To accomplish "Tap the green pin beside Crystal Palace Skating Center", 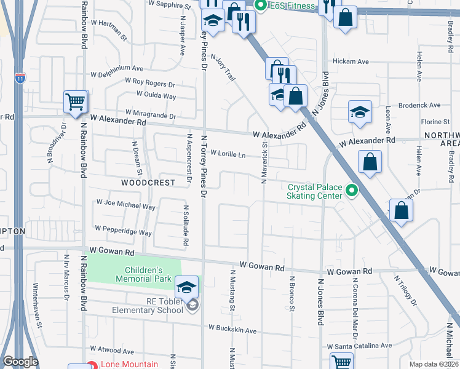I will click(x=352, y=191).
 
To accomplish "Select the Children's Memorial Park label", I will click(x=143, y=274).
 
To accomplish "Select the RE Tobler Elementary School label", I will click(x=148, y=306).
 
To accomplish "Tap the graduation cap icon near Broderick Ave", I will click(x=360, y=112).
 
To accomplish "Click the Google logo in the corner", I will click(x=20, y=362).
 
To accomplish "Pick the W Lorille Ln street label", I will click(x=228, y=154).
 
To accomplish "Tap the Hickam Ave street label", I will click(x=350, y=61).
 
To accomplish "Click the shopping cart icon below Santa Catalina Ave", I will click(x=341, y=362).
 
